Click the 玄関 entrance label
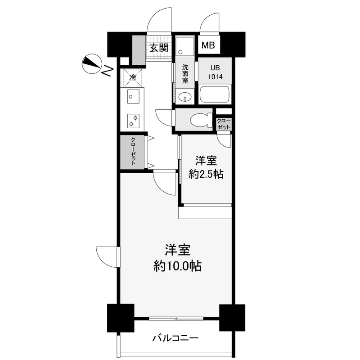click(159, 47)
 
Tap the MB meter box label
click(208, 45)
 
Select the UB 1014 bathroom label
click(215, 72)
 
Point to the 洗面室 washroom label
click(185, 75)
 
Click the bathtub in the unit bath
click(215, 95)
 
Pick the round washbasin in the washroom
click(184, 97)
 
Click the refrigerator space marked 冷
click(132, 77)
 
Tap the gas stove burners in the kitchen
click(133, 119)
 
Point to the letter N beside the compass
click(108, 71)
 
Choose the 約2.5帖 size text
click(207, 174)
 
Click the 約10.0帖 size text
click(177, 266)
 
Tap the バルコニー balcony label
click(175, 338)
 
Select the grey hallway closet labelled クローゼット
click(133, 152)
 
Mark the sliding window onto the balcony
click(176, 319)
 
